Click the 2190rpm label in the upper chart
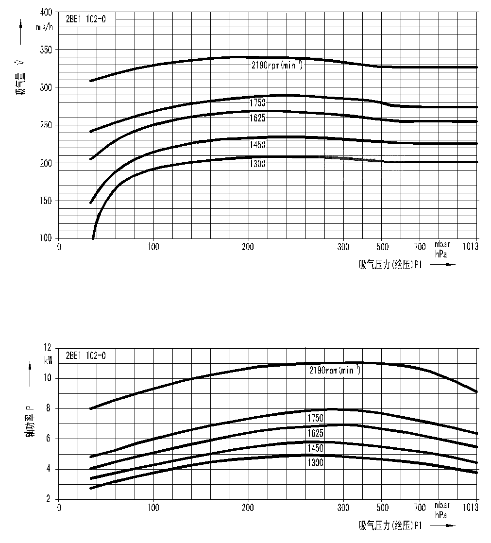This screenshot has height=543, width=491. (277, 66)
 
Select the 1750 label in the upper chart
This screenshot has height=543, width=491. (257, 103)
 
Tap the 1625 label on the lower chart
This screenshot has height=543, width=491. (315, 433)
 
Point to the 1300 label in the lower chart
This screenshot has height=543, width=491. (315, 463)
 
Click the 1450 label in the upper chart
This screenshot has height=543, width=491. (257, 145)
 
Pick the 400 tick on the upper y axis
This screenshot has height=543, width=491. (46, 12)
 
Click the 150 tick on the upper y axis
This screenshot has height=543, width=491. (46, 201)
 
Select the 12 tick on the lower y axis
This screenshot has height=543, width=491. (47, 348)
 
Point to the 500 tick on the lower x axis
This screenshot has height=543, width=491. (382, 508)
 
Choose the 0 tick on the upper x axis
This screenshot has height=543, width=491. (59, 247)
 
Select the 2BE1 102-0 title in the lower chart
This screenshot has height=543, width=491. (85, 356)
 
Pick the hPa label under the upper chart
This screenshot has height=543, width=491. (441, 254)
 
